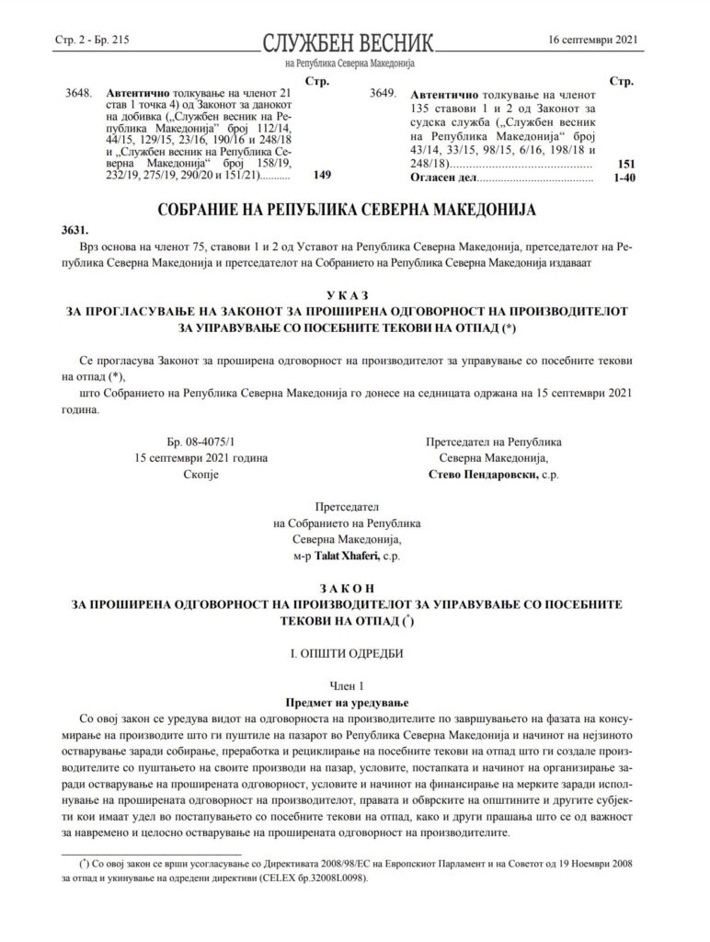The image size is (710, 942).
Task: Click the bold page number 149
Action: pos(322,174)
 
